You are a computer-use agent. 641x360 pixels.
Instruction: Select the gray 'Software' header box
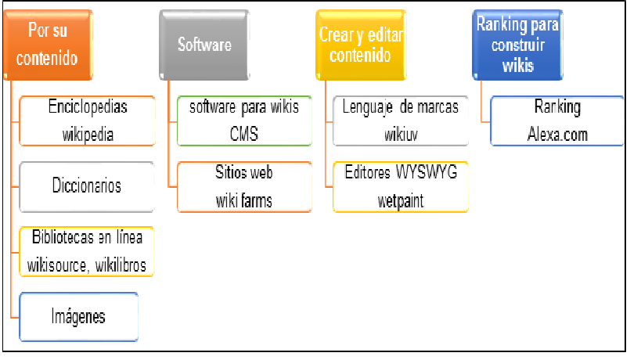(x=204, y=44)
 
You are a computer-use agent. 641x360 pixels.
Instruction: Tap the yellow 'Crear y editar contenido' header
(x=362, y=44)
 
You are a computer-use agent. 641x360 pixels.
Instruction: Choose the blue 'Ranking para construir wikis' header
(x=518, y=44)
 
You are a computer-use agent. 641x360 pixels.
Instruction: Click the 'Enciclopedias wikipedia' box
(x=87, y=121)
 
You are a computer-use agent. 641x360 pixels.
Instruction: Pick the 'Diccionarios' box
(x=87, y=186)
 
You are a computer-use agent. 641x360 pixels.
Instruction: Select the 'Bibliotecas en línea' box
(x=87, y=251)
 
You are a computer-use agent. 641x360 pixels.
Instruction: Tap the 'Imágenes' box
(x=78, y=316)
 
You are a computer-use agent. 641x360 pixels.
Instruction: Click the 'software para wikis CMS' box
(x=243, y=121)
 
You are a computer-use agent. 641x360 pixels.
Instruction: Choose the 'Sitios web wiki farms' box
(x=243, y=186)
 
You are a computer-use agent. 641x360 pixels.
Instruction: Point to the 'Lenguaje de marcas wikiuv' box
(x=401, y=121)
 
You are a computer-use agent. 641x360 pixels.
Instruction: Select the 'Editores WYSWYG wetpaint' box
(x=401, y=186)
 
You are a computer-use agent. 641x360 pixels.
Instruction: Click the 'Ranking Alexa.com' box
(x=557, y=121)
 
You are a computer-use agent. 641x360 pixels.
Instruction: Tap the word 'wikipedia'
(x=88, y=134)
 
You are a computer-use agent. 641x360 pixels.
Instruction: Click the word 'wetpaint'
(x=401, y=200)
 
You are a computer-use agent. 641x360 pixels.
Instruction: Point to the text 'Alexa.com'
(x=557, y=135)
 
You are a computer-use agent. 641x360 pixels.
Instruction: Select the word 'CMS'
(x=244, y=134)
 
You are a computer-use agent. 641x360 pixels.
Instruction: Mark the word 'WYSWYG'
(x=428, y=173)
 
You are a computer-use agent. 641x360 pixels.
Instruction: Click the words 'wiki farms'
(x=244, y=200)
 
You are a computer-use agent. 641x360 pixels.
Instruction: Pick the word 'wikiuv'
(x=401, y=134)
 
